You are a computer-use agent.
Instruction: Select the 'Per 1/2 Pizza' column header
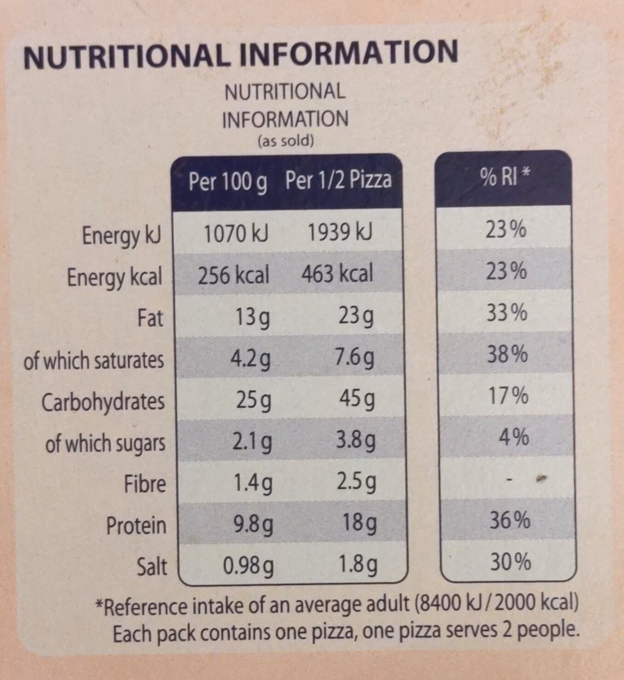(x=338, y=180)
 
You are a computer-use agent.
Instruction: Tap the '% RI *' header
(x=505, y=177)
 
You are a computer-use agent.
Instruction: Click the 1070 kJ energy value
(x=236, y=233)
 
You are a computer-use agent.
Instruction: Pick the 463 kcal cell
(x=337, y=274)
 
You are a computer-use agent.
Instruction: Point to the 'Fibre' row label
(x=144, y=484)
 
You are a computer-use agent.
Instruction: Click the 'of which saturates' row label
(x=94, y=360)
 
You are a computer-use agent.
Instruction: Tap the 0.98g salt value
(x=248, y=566)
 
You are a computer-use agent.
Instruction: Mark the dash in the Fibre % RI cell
(x=509, y=480)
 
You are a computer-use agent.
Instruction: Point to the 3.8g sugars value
(x=355, y=441)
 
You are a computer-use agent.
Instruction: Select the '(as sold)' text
(x=285, y=141)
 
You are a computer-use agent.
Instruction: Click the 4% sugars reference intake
(x=514, y=437)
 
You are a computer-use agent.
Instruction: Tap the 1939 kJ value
(x=340, y=233)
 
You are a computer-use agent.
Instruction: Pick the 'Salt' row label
(x=152, y=567)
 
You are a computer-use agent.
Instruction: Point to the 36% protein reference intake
(x=509, y=520)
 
